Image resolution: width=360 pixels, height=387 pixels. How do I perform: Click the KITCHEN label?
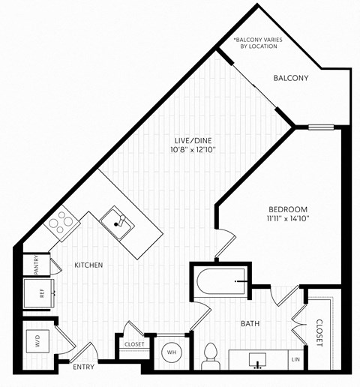click(x=88, y=265)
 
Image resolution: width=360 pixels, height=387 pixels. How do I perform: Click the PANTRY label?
click(x=36, y=265)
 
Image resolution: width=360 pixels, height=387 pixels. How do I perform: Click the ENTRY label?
click(x=82, y=367)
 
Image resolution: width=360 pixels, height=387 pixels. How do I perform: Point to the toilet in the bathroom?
click(x=211, y=355)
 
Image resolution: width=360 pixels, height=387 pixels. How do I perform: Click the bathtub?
click(x=221, y=280)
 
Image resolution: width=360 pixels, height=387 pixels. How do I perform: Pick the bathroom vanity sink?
click(x=259, y=361)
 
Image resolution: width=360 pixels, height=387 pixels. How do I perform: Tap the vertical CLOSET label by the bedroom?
click(x=319, y=331)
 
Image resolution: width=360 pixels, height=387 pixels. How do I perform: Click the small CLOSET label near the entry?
click(x=134, y=344)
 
